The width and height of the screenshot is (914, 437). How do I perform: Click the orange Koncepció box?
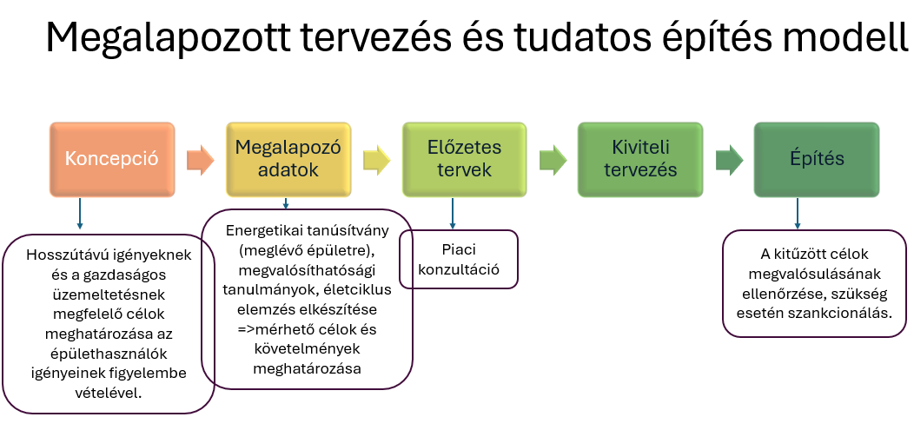(112, 159)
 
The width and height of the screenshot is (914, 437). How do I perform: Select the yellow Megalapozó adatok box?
(288, 159)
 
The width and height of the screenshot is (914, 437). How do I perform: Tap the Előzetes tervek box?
(464, 159)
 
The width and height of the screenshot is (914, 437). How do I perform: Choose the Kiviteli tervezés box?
(640, 159)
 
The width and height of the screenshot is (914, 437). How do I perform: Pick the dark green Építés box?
(816, 159)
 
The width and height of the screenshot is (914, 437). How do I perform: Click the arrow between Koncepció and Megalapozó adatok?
(201, 160)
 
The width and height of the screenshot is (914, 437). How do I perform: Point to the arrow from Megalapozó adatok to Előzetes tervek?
(376, 160)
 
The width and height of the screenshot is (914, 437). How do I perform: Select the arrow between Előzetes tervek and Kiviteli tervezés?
(553, 160)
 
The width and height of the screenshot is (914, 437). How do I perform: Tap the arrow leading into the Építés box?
(729, 160)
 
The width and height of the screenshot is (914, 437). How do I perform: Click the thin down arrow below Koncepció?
(80, 213)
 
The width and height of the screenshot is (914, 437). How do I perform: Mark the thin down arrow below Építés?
(798, 213)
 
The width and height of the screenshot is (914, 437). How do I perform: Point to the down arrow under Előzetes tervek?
(452, 213)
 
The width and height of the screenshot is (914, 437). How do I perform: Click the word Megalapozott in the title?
(167, 37)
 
